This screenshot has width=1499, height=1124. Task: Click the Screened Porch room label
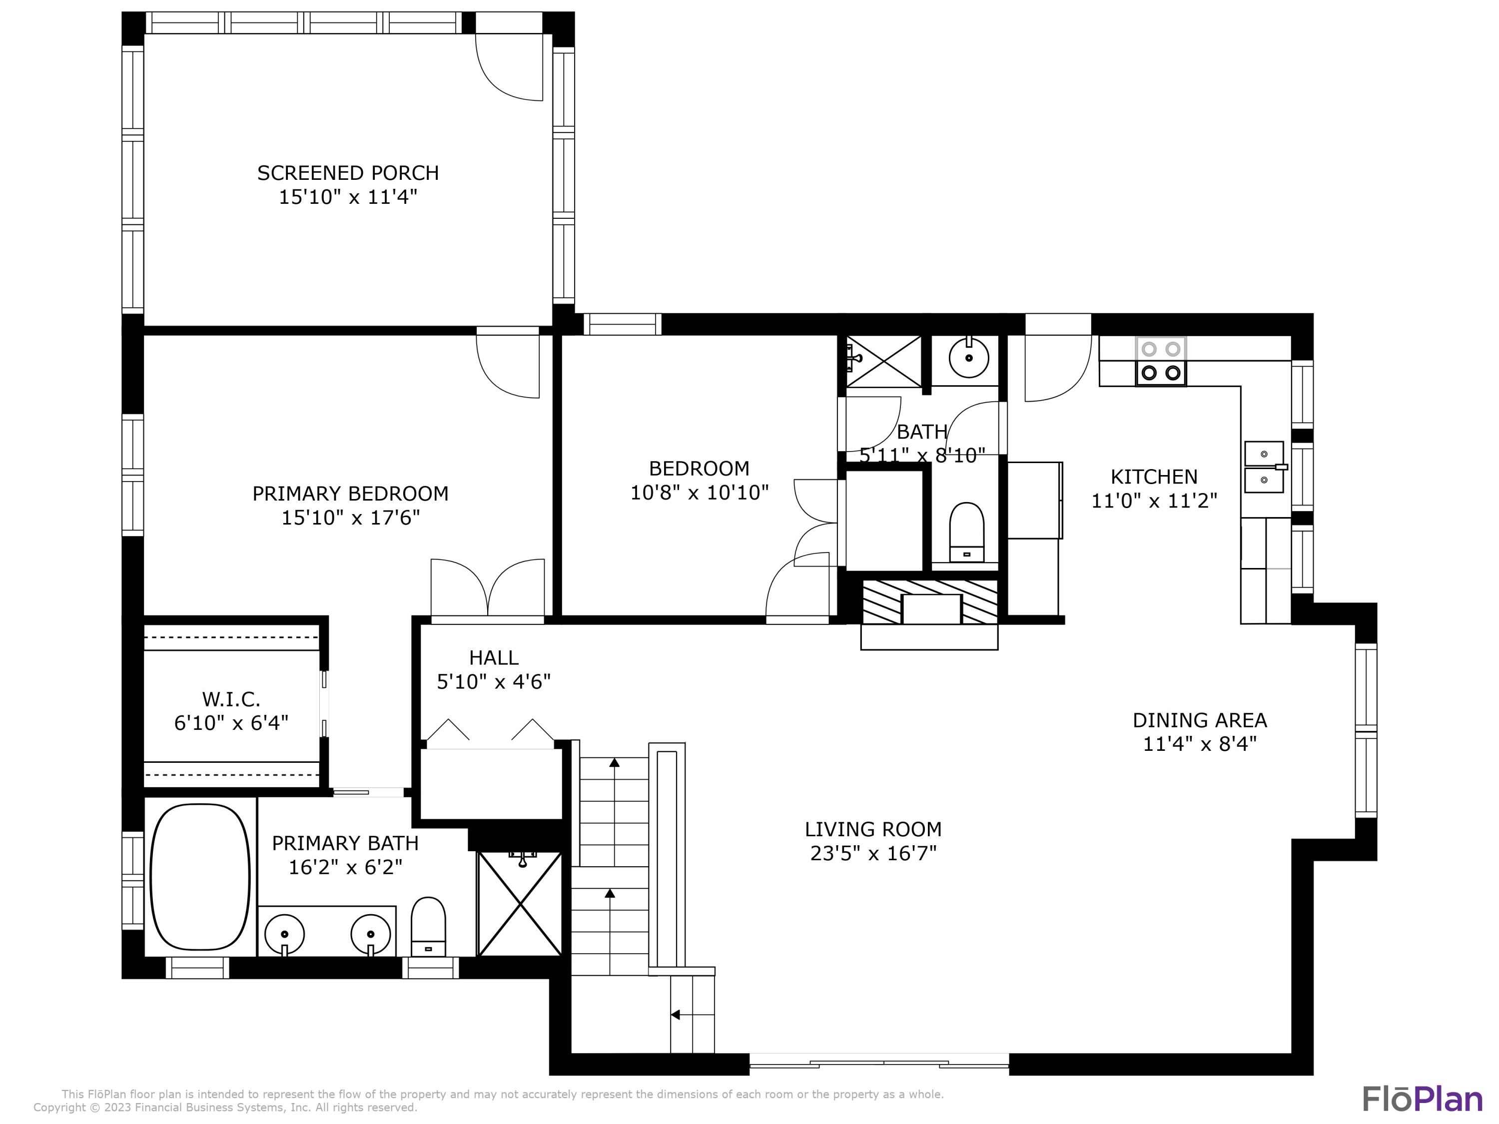click(348, 173)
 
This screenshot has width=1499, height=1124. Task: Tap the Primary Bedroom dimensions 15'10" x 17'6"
click(350, 518)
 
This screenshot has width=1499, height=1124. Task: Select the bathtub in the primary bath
click(199, 877)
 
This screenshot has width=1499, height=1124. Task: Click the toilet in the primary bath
click(428, 926)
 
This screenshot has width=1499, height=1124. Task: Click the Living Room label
click(873, 829)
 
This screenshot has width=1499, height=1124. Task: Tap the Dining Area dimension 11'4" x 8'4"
click(1200, 744)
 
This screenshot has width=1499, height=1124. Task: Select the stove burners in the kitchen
click(1161, 361)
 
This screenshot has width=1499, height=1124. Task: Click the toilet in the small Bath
click(966, 532)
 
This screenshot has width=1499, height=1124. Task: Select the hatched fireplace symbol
click(930, 601)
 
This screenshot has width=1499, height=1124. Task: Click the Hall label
click(493, 657)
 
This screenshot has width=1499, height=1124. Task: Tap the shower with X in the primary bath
click(520, 904)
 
